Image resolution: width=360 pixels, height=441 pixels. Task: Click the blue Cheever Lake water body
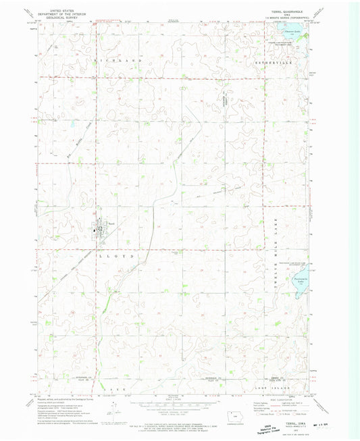coord(293,32)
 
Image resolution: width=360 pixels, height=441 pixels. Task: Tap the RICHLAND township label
coord(121,61)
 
